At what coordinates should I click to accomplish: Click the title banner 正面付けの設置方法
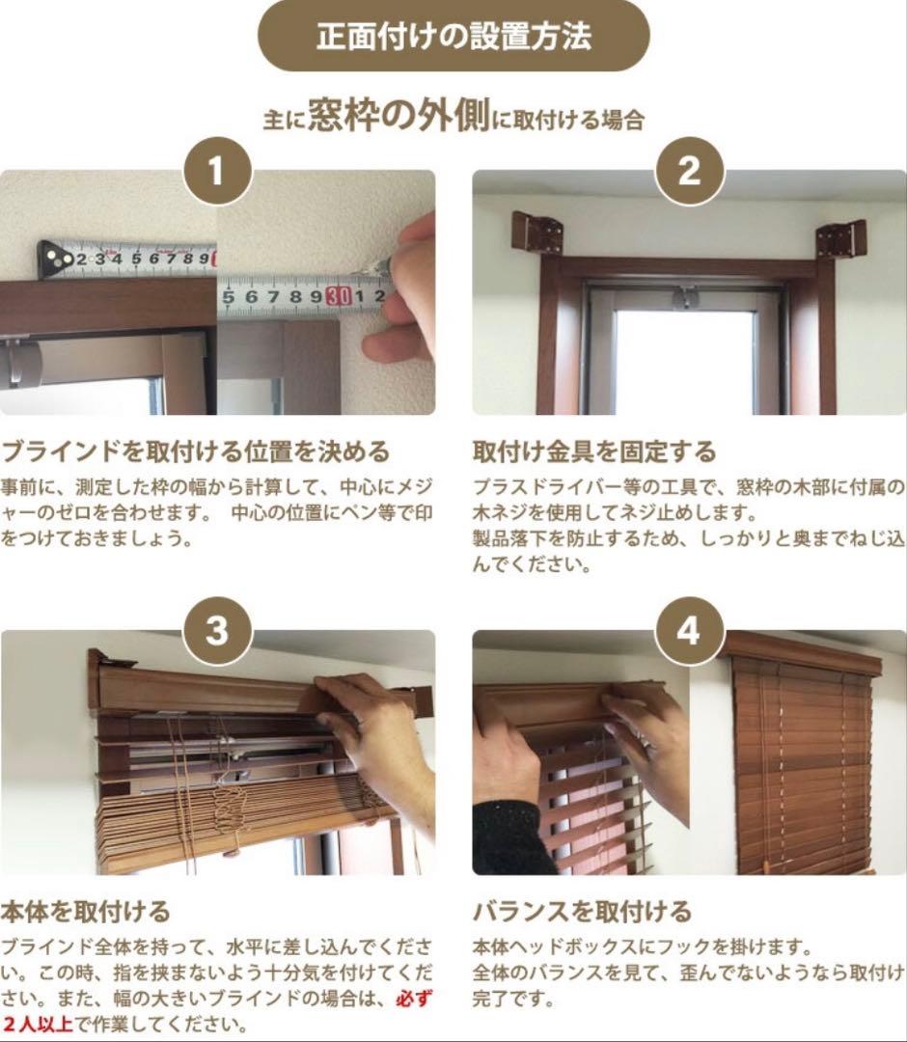pyautogui.click(x=453, y=37)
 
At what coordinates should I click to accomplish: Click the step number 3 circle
pyautogui.click(x=217, y=631)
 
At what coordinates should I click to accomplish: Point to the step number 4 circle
pyautogui.click(x=689, y=631)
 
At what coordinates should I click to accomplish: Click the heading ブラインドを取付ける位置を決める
pyautogui.click(x=196, y=452)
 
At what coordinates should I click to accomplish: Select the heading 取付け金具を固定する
pyautogui.click(x=594, y=452)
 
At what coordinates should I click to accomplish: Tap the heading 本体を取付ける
pyautogui.click(x=85, y=911)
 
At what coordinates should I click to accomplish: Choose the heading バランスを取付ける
pyautogui.click(x=582, y=911)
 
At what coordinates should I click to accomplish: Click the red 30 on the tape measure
pyautogui.click(x=338, y=295)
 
